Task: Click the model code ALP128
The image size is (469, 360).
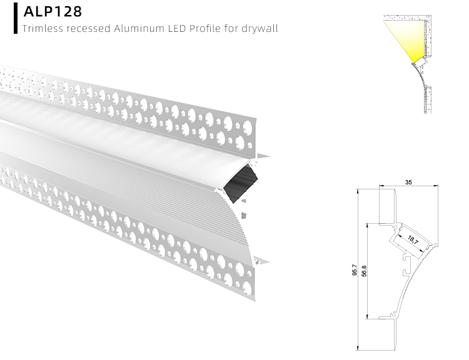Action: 53,12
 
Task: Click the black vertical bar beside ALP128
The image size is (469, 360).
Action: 15,17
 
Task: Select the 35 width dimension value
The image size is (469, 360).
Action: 408,182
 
